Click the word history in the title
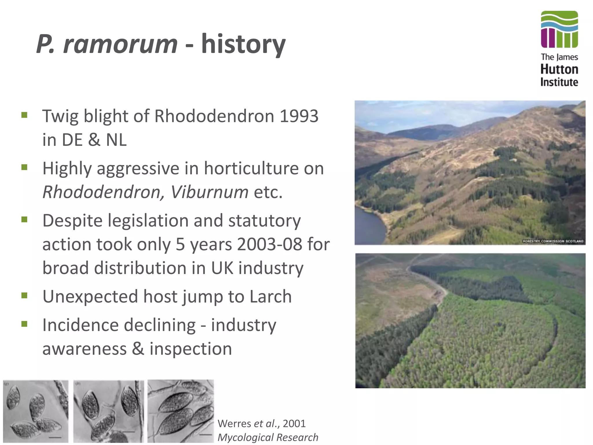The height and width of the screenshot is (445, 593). [243, 44]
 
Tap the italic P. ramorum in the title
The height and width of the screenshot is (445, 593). [107, 44]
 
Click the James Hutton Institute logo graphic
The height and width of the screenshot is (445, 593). [559, 29]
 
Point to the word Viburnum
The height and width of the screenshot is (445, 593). [209, 192]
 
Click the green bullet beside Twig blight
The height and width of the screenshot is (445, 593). [24, 116]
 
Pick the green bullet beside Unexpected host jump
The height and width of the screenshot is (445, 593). [24, 296]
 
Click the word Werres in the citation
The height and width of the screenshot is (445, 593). [234, 424]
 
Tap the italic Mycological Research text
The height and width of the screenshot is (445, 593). [268, 437]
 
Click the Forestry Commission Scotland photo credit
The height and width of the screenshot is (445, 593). [553, 241]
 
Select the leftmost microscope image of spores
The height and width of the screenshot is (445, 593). [36, 411]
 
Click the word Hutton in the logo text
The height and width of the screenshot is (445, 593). [559, 70]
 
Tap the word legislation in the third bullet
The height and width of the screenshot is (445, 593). [148, 220]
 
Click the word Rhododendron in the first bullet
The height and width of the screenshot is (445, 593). [214, 116]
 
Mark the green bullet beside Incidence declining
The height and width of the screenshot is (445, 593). [24, 324]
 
